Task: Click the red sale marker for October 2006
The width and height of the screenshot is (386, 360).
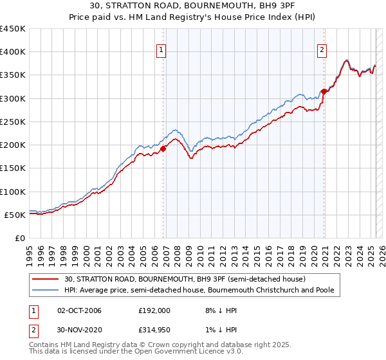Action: pos(163,148)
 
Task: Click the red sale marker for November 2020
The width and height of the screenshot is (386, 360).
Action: pos(324,91)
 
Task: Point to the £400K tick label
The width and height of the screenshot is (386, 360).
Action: pos(13,52)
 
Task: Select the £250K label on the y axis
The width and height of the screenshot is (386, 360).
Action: pos(13,122)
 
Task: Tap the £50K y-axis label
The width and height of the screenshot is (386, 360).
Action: pos(15,215)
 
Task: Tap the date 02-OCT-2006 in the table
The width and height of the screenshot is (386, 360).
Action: pos(80,310)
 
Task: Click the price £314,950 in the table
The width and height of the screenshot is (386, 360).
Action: pos(154,330)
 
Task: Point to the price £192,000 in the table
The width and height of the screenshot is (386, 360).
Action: pos(154,310)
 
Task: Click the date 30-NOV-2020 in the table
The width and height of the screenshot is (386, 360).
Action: pos(80,330)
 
